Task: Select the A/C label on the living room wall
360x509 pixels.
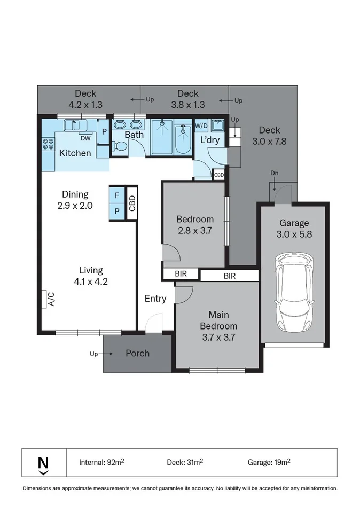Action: [51, 299]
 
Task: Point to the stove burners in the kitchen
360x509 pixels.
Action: [48, 144]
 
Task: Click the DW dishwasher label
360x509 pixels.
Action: [85, 138]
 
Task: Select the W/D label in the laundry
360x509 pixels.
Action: [201, 126]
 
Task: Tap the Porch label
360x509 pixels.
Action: [137, 353]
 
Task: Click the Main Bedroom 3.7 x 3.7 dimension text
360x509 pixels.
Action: [218, 337]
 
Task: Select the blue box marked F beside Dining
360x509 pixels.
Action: [117, 195]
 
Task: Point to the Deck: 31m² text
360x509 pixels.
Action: [186, 462]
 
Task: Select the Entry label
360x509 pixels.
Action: [155, 299]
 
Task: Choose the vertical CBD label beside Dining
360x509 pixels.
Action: [132, 203]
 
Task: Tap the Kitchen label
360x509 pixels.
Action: [75, 153]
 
